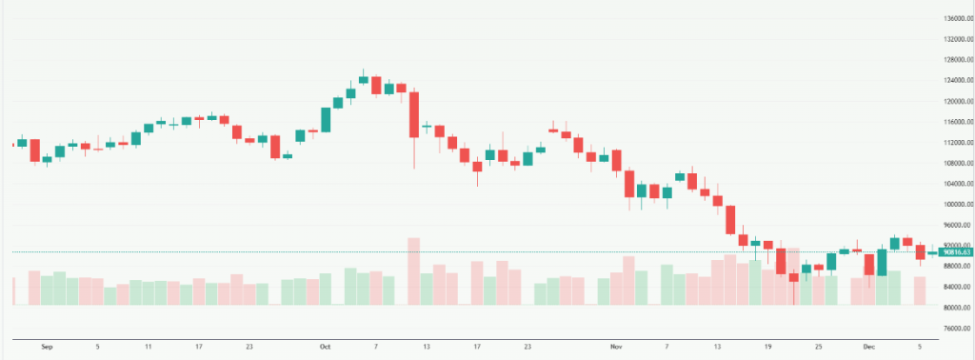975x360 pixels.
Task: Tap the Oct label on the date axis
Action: point(326,347)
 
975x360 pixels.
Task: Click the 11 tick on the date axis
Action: point(149,347)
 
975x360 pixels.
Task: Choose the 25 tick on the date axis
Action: point(818,347)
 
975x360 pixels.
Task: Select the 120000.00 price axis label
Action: point(951,102)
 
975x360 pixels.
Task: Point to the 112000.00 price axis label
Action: point(951,143)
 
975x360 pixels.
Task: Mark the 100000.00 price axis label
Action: point(951,204)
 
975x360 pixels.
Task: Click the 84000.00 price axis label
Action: point(951,287)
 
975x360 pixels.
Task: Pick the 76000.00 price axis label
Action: point(951,328)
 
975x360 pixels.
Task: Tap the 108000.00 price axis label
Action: point(951,163)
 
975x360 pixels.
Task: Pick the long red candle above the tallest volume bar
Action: point(414,114)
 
